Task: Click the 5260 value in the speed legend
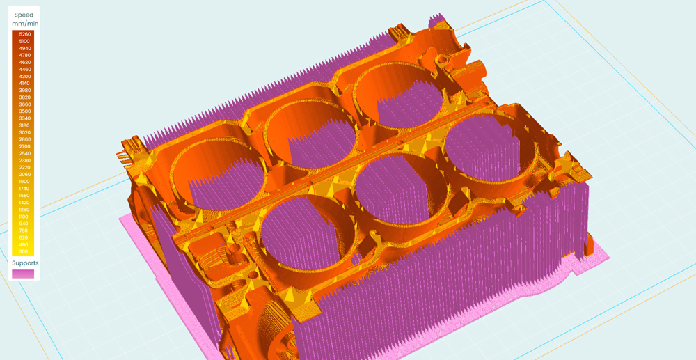click(x=25, y=34)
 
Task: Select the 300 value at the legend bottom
click(x=25, y=251)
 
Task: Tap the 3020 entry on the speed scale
click(x=25, y=132)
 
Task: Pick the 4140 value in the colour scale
click(x=25, y=84)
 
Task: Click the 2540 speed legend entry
click(x=25, y=153)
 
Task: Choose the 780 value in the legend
click(x=25, y=230)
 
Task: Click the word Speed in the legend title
click(x=24, y=15)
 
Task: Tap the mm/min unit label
click(x=25, y=24)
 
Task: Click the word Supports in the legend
click(x=25, y=263)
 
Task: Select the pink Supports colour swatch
click(x=23, y=274)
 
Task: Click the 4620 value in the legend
click(x=25, y=62)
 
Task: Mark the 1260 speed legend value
click(x=25, y=210)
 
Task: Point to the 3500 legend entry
click(x=25, y=111)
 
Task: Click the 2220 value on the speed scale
click(x=25, y=167)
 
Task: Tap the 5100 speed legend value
click(x=25, y=41)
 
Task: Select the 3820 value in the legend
click(x=25, y=97)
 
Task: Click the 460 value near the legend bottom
click(x=25, y=244)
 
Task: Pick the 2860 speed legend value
click(x=25, y=139)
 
